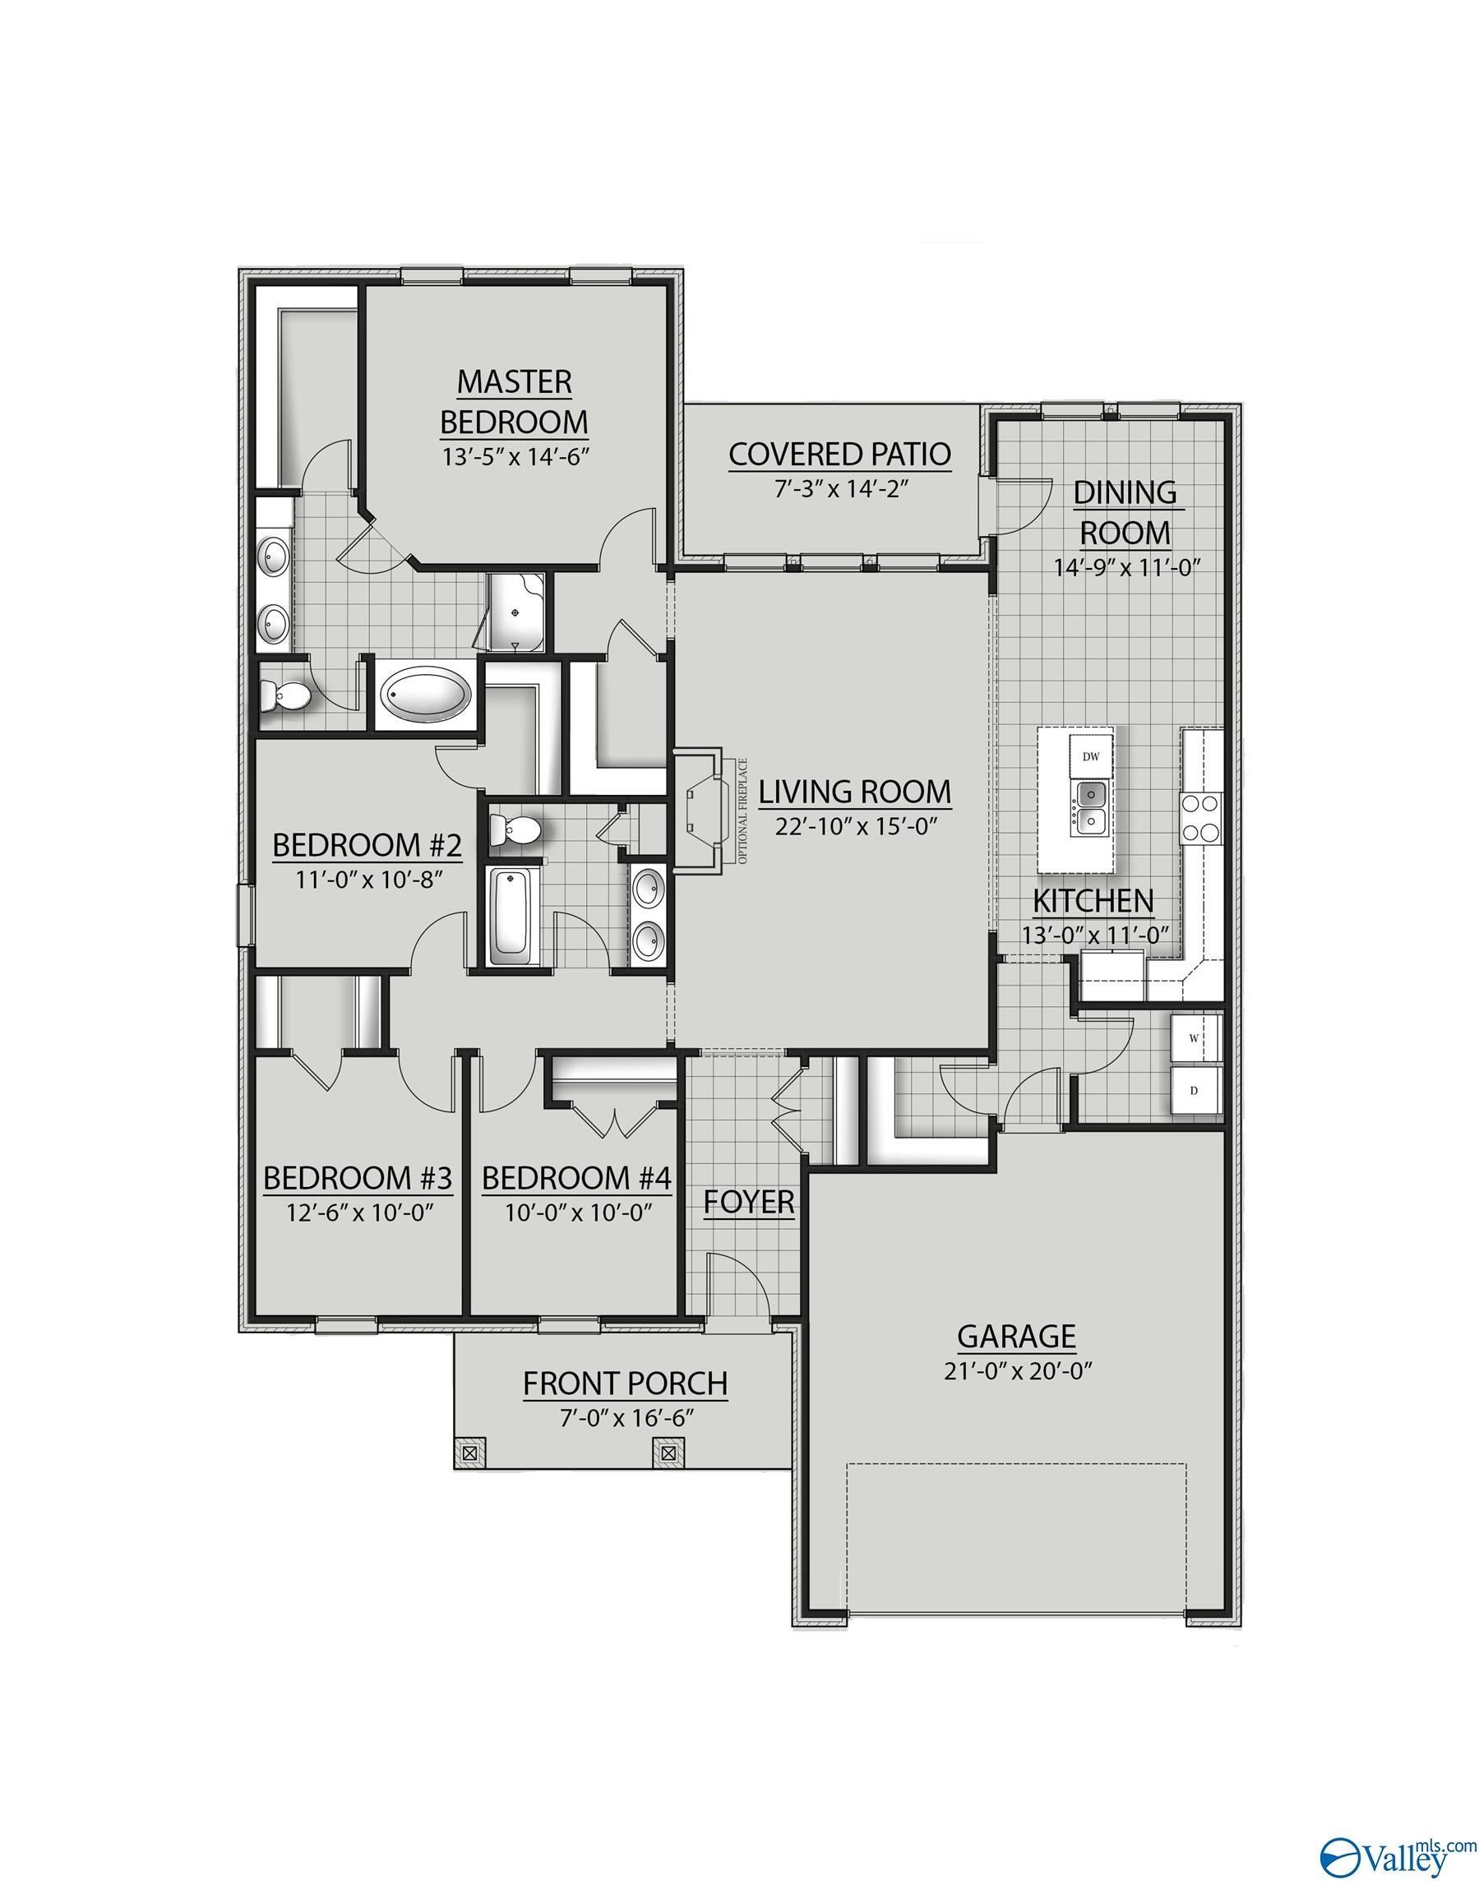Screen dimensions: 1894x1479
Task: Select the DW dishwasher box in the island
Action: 1091,756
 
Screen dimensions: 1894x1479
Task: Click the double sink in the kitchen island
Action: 1089,807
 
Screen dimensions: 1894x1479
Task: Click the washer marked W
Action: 1195,1038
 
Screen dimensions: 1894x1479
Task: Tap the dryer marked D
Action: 1195,1091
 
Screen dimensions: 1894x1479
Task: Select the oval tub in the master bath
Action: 428,695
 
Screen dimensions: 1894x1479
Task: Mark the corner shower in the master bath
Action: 516,612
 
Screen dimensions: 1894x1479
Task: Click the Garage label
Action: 1016,1336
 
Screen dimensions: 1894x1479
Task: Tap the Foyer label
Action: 749,1202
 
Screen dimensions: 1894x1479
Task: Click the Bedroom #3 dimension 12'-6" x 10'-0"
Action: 359,1212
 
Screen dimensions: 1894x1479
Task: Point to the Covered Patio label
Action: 839,454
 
